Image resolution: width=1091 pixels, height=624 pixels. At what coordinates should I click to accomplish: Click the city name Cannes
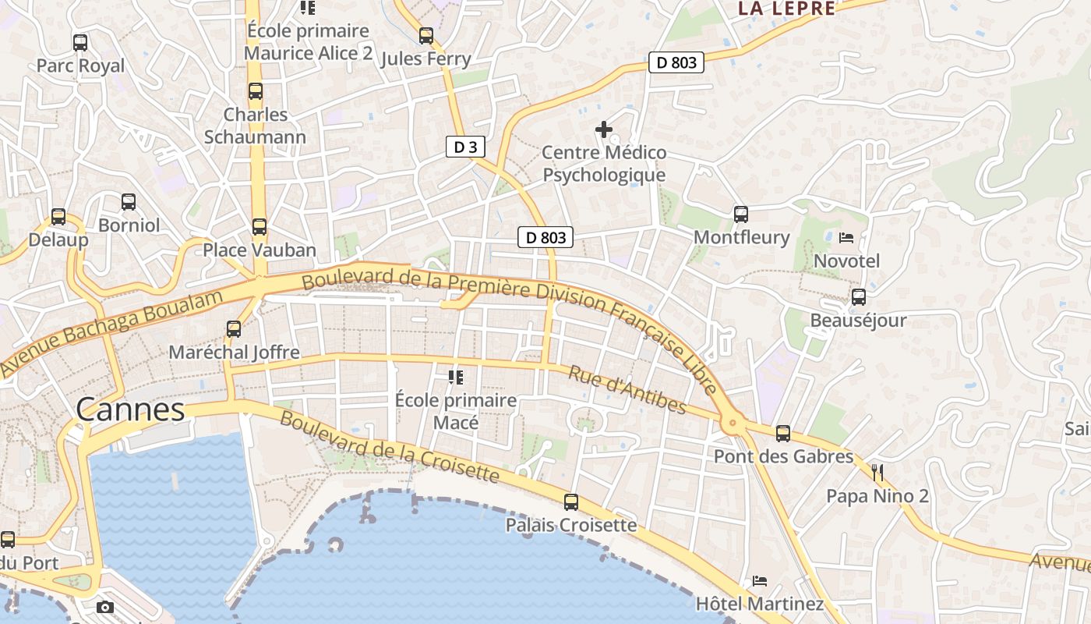[x=130, y=409]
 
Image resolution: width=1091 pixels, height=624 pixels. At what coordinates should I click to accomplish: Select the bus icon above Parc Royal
[x=80, y=43]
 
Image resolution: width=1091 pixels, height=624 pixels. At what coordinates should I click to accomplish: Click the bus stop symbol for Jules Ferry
[x=425, y=36]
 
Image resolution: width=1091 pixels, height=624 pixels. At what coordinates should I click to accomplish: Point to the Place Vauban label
[x=260, y=250]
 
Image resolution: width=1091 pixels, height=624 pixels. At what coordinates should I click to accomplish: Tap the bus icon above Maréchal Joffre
[x=234, y=329]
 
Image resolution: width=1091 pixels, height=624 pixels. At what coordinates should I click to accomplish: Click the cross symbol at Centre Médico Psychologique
[x=604, y=129]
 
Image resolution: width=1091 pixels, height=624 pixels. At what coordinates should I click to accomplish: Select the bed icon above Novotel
[x=846, y=238]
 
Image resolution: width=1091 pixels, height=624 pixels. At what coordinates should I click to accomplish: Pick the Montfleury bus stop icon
[x=741, y=214]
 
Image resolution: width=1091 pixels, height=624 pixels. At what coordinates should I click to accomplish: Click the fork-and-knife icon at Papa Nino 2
[x=877, y=472]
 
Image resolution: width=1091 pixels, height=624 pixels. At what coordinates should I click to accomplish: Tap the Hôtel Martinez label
[x=760, y=604]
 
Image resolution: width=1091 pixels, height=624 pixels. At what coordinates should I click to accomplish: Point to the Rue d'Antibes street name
[x=627, y=391]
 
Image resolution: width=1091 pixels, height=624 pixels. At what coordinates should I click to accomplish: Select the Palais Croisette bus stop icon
[x=571, y=502]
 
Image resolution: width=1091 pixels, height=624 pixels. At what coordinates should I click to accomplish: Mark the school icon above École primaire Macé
[x=456, y=378]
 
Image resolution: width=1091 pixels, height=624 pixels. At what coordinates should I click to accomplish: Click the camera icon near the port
[x=105, y=607]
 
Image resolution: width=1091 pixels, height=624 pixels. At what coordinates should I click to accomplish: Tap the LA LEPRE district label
[x=786, y=9]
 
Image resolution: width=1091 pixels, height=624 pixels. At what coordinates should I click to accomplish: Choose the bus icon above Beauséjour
[x=859, y=297]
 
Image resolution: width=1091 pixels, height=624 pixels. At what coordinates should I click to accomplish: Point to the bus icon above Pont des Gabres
[x=783, y=434]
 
